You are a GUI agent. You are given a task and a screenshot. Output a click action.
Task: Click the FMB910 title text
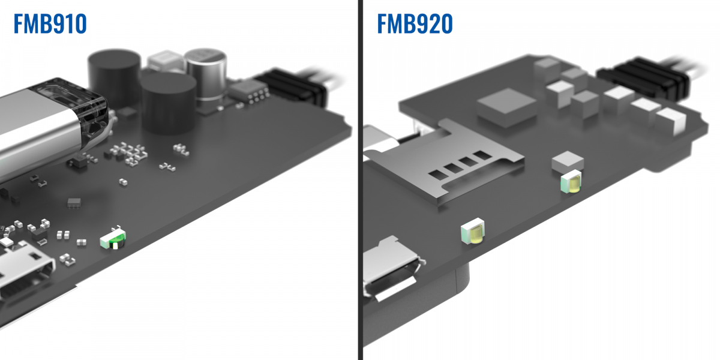[x=50, y=24]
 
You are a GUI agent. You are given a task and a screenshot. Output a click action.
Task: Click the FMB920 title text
[x=415, y=24]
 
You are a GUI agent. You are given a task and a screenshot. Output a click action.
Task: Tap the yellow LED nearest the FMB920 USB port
[x=473, y=233]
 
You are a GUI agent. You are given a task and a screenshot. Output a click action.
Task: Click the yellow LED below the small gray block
[x=571, y=182]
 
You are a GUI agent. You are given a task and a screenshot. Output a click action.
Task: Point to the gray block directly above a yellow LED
[x=568, y=160]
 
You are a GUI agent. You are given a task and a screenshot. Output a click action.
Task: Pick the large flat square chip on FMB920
[x=507, y=106]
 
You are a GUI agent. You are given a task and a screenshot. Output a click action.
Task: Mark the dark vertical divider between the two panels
[x=360, y=180]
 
